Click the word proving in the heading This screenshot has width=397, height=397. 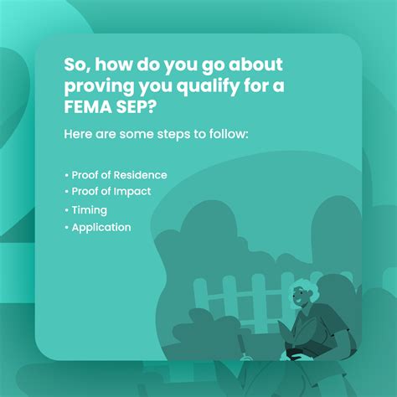pyautogui.click(x=99, y=87)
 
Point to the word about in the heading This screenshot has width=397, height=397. pyautogui.click(x=255, y=64)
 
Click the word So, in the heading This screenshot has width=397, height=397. pyautogui.click(x=77, y=65)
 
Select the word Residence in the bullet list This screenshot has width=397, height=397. pyautogui.click(x=141, y=175)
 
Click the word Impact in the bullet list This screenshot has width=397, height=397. pyautogui.click(x=132, y=192)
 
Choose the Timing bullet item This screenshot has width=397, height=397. pyautogui.click(x=86, y=210)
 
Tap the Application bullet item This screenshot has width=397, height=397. pyautogui.click(x=98, y=228)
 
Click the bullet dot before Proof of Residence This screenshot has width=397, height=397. pyautogui.click(x=66, y=176)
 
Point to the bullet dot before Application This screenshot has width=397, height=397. pyautogui.click(x=66, y=228)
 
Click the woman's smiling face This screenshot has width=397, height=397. pyautogui.click(x=300, y=296)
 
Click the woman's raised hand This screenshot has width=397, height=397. pyautogui.click(x=286, y=331)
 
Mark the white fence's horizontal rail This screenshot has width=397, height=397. pyautogui.click(x=242, y=296)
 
